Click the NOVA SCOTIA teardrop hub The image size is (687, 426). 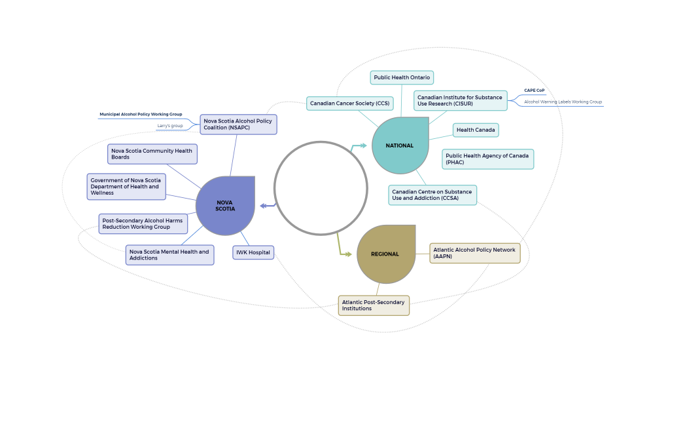pos(225,206)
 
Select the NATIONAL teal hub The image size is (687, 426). pos(400,145)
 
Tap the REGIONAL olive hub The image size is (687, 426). pos(385,254)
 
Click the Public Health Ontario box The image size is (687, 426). pos(402,77)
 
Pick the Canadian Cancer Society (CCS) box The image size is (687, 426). pos(349,104)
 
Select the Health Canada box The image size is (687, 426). pos(476,130)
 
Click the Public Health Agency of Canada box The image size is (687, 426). pos(487,159)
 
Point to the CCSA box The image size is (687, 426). pos(432,195)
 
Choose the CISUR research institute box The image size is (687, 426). pos(460,100)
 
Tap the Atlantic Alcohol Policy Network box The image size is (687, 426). pos(474,253)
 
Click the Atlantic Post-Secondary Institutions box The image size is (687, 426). pos(374,305)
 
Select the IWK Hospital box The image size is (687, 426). pos(253,252)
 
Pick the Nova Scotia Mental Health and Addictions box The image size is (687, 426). pos(169,255)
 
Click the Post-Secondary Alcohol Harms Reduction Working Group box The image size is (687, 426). pos(143,223)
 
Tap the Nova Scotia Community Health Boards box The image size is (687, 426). pos(152,154)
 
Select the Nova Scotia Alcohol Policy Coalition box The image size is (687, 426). pos(238,125)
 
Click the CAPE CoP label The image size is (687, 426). pos(534,90)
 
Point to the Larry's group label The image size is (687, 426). pos(170,126)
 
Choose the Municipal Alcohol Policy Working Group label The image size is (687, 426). pos(141,115)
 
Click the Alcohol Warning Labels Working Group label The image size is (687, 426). pos(563,102)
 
